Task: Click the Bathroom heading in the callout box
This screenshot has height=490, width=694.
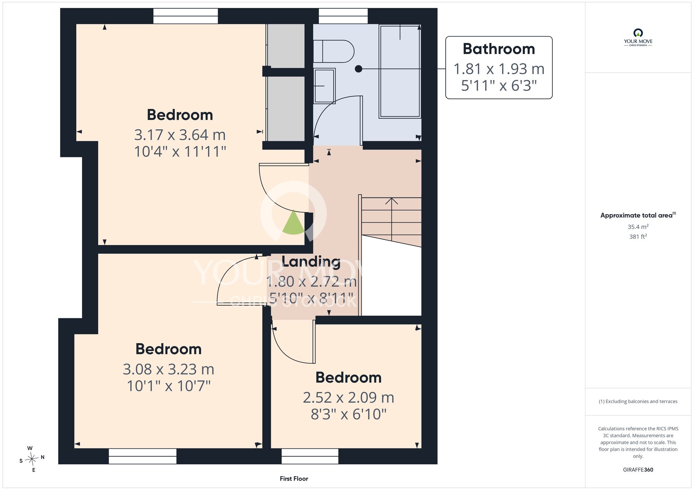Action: click(x=499, y=49)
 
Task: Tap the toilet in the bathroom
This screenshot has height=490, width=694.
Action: click(x=333, y=51)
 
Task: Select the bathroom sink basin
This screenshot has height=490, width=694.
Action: click(x=324, y=86)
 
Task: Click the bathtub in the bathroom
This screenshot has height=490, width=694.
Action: click(x=400, y=71)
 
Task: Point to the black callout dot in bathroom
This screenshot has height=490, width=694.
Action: click(x=358, y=69)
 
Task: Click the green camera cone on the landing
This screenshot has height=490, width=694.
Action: click(x=294, y=222)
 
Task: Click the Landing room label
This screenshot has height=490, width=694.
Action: click(x=311, y=262)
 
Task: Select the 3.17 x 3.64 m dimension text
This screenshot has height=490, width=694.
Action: click(x=180, y=135)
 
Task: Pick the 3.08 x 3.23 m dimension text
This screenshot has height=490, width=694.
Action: click(x=169, y=369)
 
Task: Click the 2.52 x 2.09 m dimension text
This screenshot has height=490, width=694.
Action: click(x=348, y=397)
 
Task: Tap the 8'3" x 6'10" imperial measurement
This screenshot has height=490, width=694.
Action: click(x=348, y=414)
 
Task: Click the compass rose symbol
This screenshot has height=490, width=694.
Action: click(x=32, y=459)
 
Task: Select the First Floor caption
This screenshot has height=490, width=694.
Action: click(x=294, y=479)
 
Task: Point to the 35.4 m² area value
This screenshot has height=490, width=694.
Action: click(x=638, y=227)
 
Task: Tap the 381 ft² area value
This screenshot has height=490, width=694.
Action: click(x=638, y=236)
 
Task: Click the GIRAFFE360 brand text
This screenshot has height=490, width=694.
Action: click(x=638, y=470)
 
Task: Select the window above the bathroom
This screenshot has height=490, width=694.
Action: click(x=343, y=16)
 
